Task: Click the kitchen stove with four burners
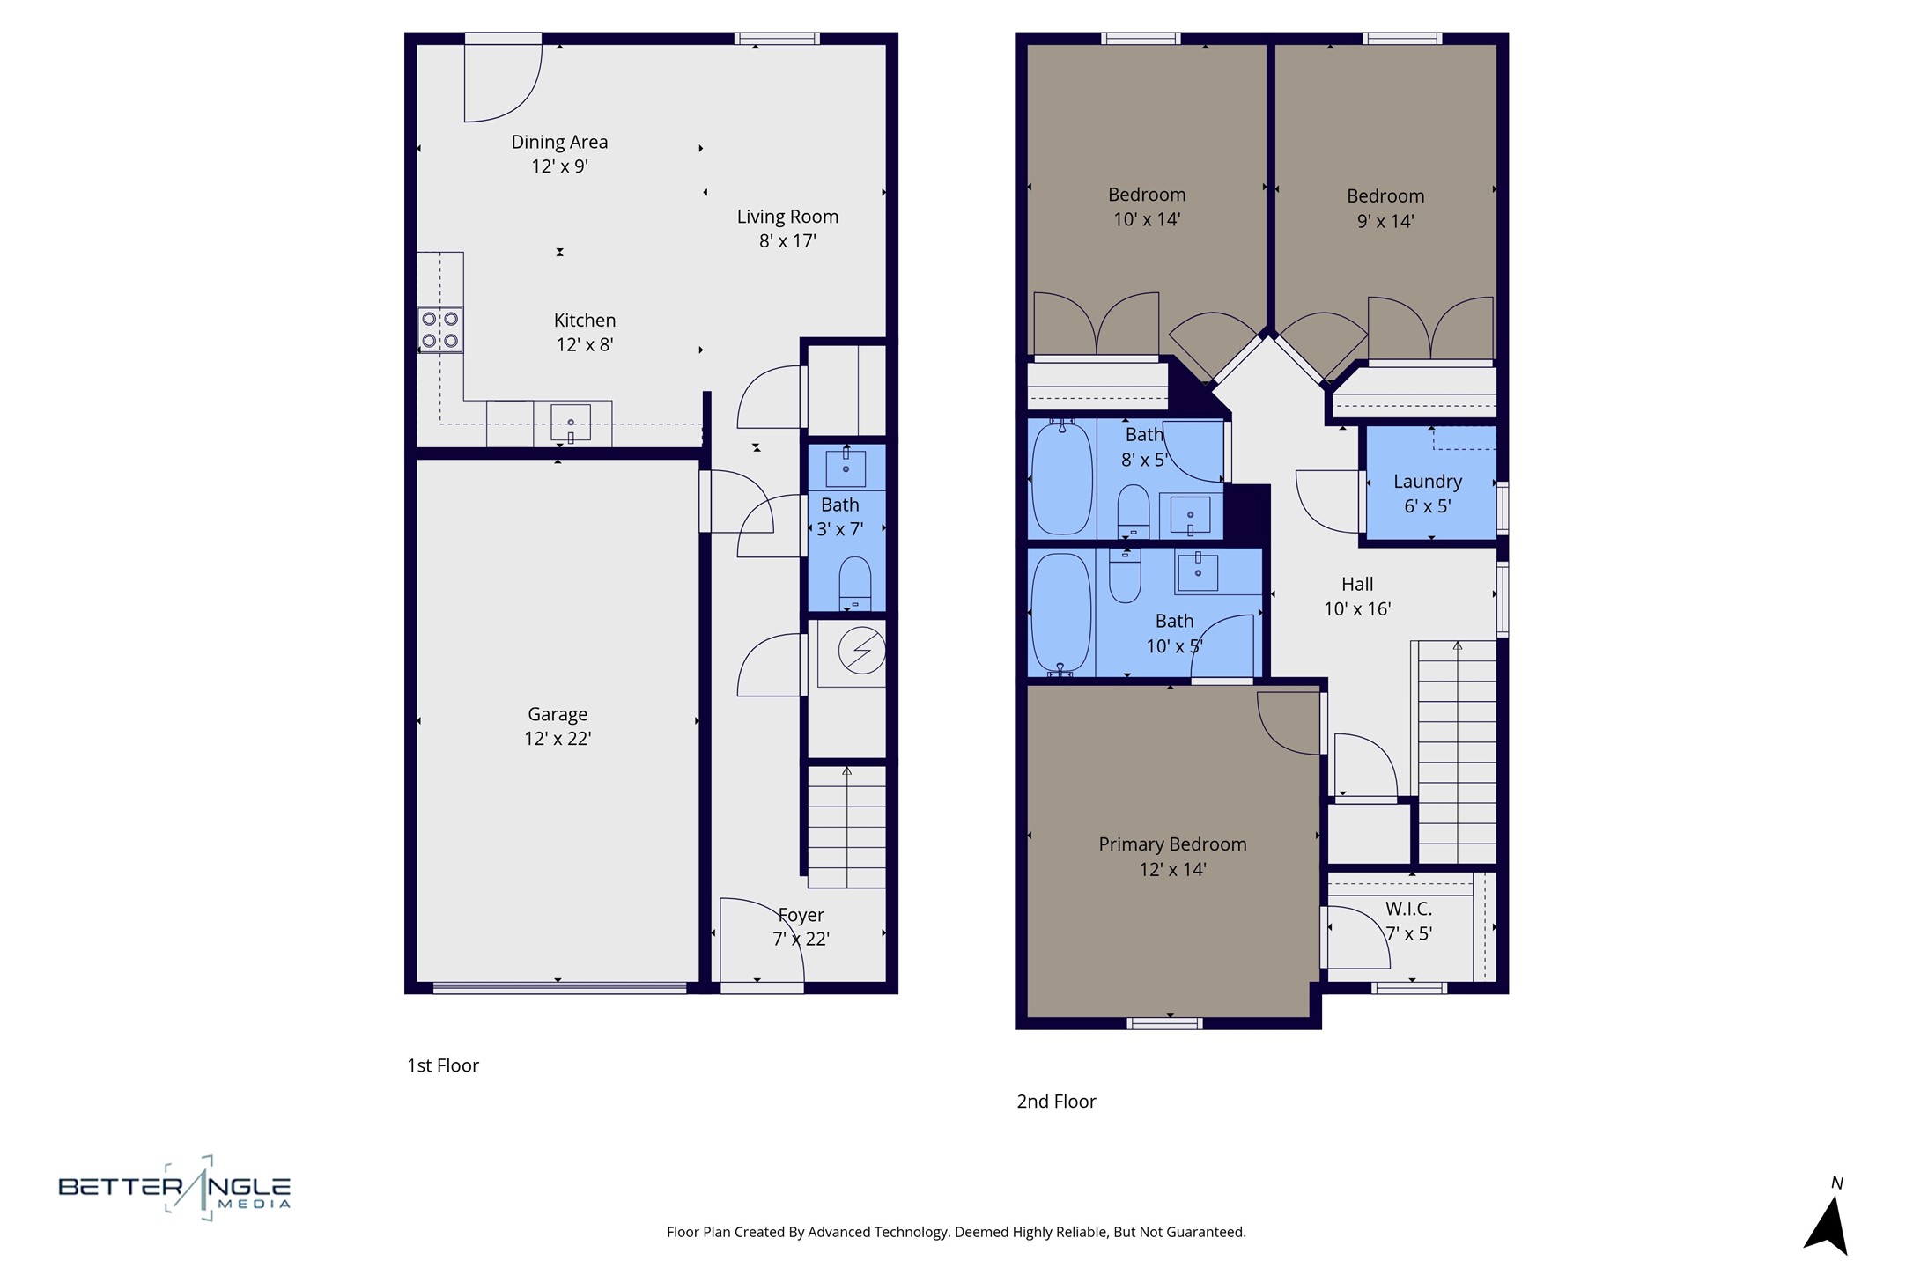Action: click(439, 330)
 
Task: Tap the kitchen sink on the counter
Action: click(571, 423)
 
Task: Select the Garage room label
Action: click(558, 714)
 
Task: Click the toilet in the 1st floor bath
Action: click(855, 583)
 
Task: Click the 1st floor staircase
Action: click(846, 826)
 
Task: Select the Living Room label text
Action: click(787, 217)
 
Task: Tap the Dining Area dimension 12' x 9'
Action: click(559, 166)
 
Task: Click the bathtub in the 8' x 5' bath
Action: click(1062, 478)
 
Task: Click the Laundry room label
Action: click(1428, 482)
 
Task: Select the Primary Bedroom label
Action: click(1172, 844)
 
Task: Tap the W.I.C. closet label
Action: click(1408, 909)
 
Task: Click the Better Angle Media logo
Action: click(174, 1189)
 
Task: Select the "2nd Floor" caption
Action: click(1056, 1102)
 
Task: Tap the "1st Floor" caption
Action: click(442, 1065)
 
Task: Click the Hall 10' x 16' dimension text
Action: click(1357, 608)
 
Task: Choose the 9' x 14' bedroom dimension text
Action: click(1385, 221)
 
